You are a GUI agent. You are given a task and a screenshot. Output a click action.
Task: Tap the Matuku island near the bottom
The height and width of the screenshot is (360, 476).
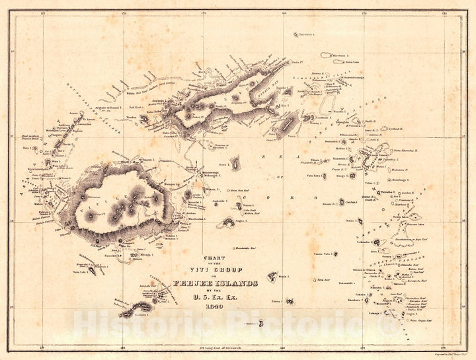tap(262, 323)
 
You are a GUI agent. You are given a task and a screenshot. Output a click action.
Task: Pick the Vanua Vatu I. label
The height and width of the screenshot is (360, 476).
tap(319, 253)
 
